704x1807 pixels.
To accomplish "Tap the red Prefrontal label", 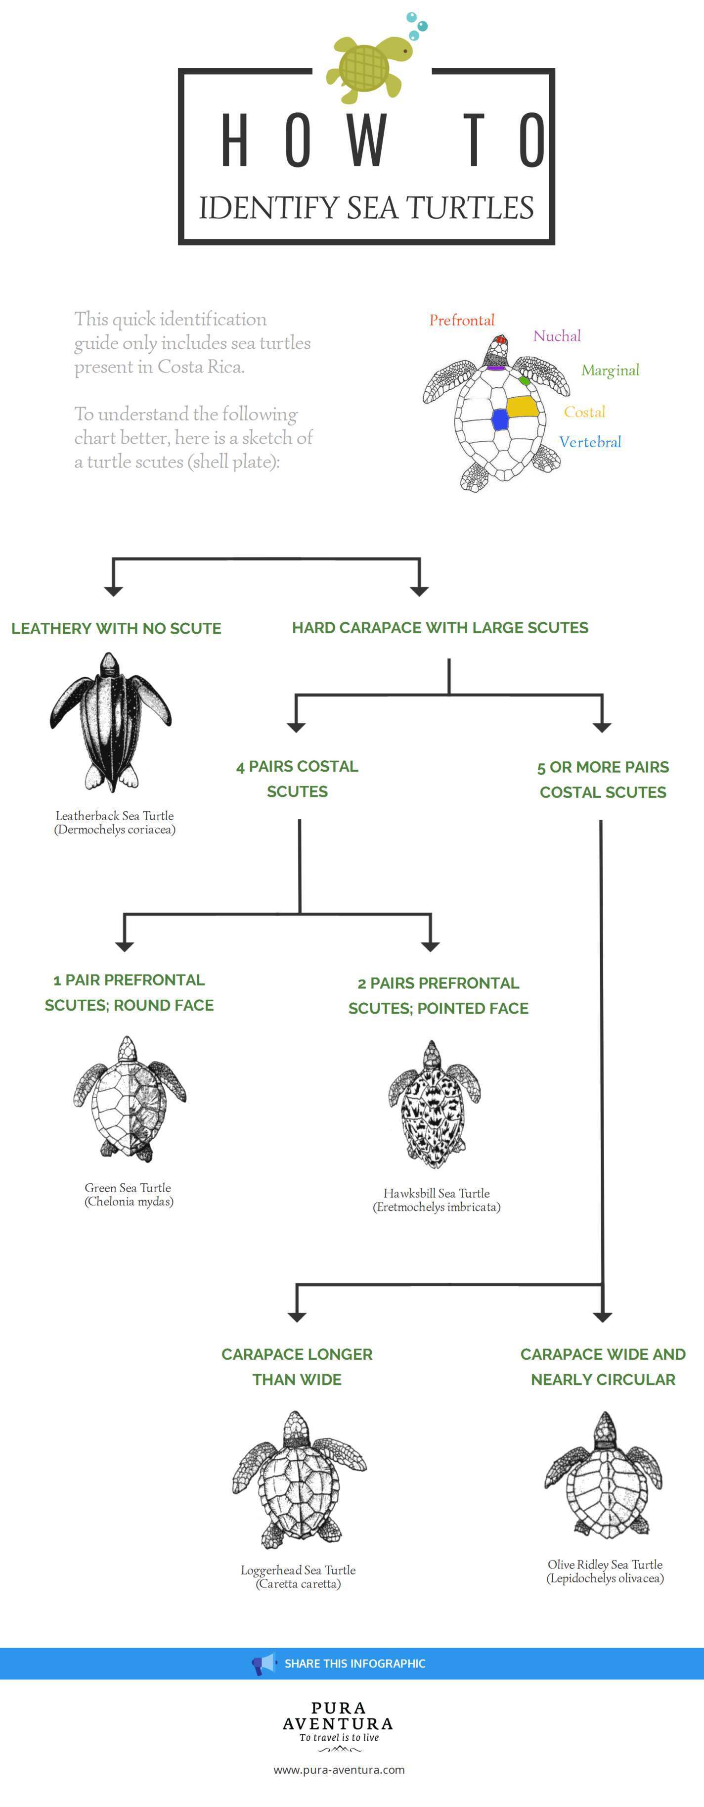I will [x=461, y=321].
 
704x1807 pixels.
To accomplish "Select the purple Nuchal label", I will [x=557, y=336].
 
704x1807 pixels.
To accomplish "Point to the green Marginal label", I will [x=610, y=371].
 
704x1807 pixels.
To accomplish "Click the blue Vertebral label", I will [x=590, y=442].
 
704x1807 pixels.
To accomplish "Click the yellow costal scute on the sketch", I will [x=523, y=407].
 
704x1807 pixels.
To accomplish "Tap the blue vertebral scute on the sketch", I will [x=500, y=419].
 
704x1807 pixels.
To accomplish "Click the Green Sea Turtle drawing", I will [x=129, y=1098].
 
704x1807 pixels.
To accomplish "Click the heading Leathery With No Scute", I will [x=116, y=629].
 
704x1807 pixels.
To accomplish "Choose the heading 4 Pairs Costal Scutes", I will [x=297, y=779].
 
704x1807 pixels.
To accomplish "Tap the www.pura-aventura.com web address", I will [x=339, y=1770].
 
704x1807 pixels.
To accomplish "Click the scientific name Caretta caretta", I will [x=299, y=1584].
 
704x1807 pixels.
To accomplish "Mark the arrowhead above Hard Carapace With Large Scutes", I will [x=419, y=590].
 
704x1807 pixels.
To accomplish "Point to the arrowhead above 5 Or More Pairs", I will [x=602, y=727].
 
